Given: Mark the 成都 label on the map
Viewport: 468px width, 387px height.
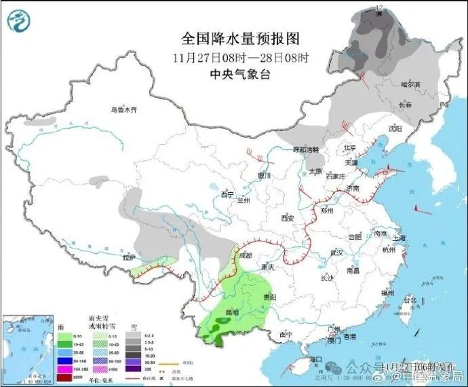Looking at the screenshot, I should click(246, 255).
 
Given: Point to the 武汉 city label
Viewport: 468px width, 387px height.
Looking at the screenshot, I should click(334, 253).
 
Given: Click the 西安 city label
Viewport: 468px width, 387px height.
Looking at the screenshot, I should click(287, 219).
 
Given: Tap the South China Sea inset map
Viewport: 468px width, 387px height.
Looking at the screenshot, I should click(28, 346).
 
